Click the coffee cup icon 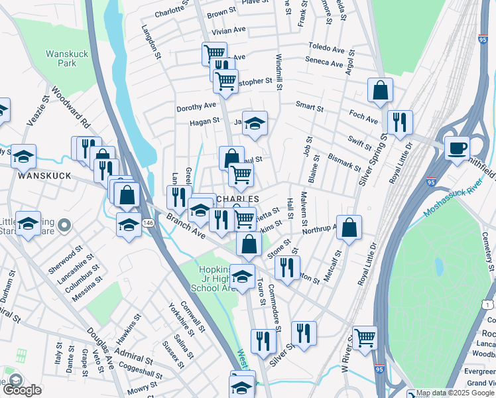(456, 147)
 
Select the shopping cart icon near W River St (365, 338)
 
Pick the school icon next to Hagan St (254, 123)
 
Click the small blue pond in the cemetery (438, 267)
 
